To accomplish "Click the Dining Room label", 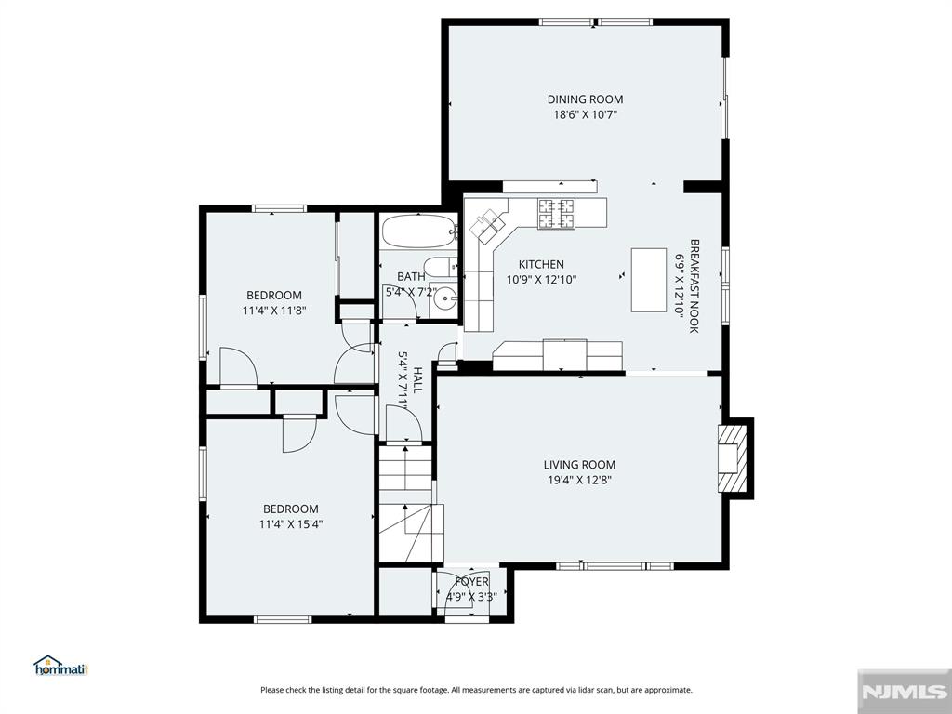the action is coord(585,99).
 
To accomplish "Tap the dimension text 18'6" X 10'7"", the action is coord(585,114).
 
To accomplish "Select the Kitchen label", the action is coord(541,264).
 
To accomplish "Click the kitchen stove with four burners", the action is coord(556,214).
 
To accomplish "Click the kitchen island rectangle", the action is coord(648,280).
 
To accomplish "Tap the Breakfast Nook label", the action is coord(694,285).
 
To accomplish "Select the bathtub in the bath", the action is coord(419,231).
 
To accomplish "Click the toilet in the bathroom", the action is coord(440,266).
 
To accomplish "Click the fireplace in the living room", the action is coord(733,457).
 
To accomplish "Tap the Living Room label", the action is coord(579,465).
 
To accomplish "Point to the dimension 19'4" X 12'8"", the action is coord(579,481).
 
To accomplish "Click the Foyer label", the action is coord(471,582).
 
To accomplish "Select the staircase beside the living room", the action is coord(406,504).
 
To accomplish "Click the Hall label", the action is coord(417,379).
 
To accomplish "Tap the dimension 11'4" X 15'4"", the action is coord(291,524).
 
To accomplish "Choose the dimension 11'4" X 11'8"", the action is coord(274,311).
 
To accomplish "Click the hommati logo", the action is coord(60,666).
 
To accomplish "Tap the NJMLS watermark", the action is coord(904,692).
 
